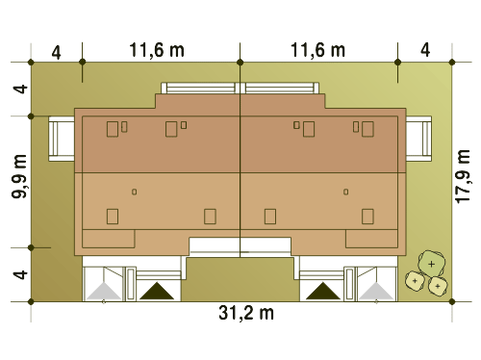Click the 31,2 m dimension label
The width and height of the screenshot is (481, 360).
tap(246, 313)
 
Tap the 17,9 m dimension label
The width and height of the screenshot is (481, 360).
tap(463, 176)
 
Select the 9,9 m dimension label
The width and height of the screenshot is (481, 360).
tap(19, 176)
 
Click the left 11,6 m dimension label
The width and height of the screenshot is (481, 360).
tap(157, 50)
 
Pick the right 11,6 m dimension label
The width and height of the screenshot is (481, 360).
tap(317, 50)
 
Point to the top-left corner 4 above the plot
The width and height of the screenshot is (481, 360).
tap(56, 53)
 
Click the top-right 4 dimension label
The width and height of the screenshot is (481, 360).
tap(425, 50)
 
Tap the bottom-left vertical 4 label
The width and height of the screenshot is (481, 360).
tap(20, 274)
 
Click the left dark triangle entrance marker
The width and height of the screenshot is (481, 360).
tap(157, 291)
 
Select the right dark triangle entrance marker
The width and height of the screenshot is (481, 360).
tap(323, 291)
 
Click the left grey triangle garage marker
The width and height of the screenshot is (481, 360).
tap(104, 291)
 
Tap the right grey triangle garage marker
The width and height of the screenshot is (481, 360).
tap(376, 291)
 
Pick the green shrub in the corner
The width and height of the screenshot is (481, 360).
tap(431, 264)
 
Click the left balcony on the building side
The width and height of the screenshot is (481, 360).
tap(62, 139)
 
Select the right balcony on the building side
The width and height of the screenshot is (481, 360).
tap(418, 139)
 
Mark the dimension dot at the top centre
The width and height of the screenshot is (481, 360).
tap(240, 62)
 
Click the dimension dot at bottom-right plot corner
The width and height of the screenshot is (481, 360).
tap(452, 301)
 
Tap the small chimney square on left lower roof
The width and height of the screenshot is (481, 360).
tap(135, 192)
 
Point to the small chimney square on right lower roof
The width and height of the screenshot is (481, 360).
tap(346, 192)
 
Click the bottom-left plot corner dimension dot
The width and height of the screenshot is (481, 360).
tap(31, 301)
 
